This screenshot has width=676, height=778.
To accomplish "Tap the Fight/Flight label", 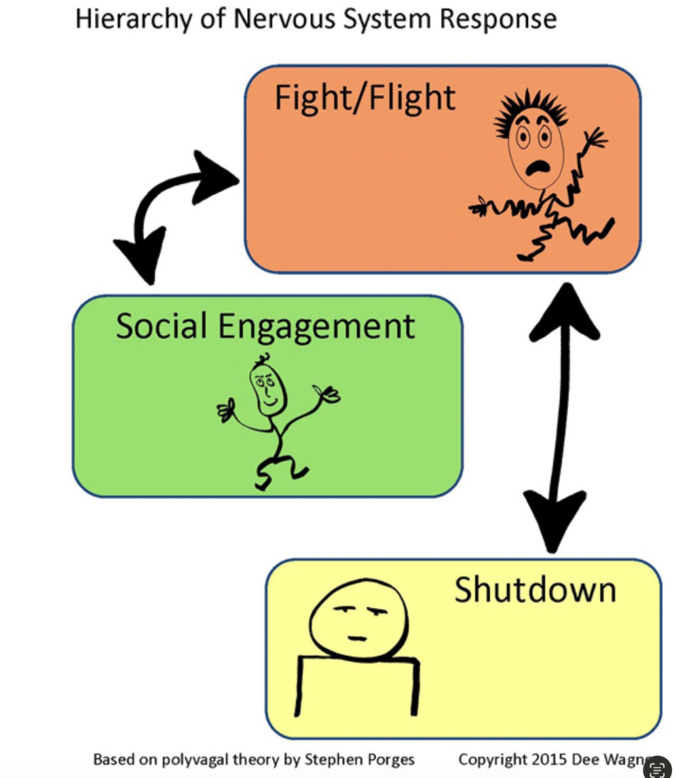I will (365, 99).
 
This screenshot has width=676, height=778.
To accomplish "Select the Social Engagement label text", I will (265, 326).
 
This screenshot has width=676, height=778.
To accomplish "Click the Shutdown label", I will (535, 590).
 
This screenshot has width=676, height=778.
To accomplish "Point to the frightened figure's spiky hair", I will (530, 111).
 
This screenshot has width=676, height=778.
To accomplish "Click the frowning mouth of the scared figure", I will (537, 167).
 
